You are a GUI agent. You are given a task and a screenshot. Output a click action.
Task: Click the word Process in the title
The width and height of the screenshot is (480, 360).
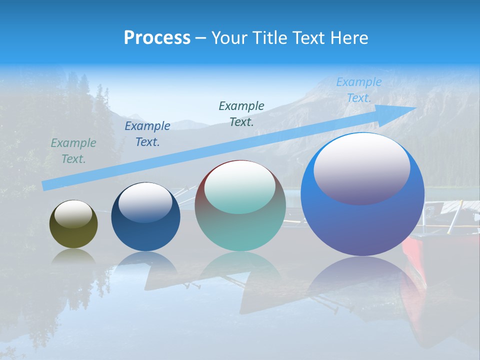tap(157, 38)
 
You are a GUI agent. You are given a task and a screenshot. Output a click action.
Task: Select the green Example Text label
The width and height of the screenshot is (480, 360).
tap(73, 151)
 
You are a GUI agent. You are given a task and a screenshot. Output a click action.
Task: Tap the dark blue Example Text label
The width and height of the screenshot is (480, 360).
tap(147, 134)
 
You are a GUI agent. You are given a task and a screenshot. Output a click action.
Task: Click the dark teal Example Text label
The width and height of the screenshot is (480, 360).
tap(241, 113)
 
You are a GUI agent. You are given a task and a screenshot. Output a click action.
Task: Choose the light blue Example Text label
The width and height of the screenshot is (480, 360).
tap(359, 90)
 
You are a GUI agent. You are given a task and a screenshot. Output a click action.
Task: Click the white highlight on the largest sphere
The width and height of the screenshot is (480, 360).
tap(361, 167)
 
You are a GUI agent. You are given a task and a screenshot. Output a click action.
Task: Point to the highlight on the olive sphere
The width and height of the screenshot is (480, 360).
tap(73, 213)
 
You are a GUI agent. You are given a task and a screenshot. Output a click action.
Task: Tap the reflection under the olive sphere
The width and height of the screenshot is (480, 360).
tap(73, 255)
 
